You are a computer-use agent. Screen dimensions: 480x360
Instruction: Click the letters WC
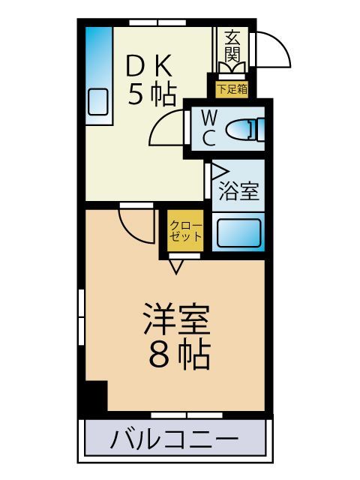point(209,127)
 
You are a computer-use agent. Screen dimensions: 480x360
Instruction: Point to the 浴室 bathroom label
point(238,190)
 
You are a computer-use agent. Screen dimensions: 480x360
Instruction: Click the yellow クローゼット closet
point(184,231)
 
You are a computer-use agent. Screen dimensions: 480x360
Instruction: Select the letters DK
point(152,66)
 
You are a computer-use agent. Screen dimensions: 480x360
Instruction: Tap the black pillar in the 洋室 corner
point(95,395)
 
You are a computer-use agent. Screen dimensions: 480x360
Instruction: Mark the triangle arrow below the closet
point(177,265)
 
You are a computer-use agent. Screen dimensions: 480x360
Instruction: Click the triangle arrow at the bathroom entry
point(217,172)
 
